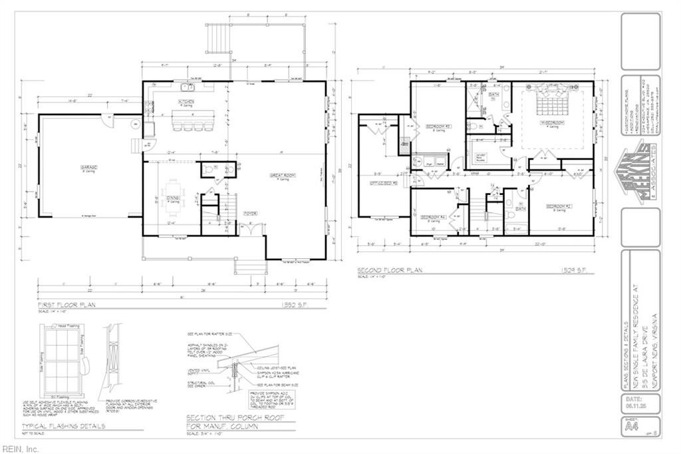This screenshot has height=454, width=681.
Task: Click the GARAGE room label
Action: click(90, 167)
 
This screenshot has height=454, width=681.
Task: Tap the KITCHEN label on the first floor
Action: click(186, 102)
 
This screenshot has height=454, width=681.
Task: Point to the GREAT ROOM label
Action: click(297, 176)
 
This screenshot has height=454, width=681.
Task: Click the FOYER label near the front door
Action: click(249, 214)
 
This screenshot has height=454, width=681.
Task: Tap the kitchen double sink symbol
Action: click(186, 87)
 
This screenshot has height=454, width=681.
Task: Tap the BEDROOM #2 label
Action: click(556, 207)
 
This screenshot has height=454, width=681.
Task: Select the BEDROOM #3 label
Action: click(438, 126)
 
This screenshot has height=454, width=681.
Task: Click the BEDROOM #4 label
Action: click(433, 216)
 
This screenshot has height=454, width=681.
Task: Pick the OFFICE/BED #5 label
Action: click(384, 183)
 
